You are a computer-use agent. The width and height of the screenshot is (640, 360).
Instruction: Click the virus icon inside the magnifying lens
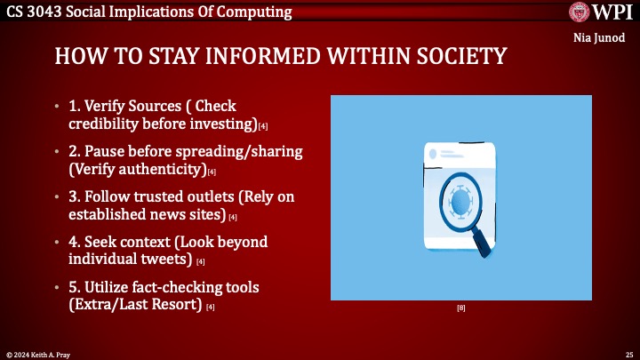pyautogui.click(x=460, y=202)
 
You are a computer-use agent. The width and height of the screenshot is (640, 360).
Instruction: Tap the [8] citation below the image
pyautogui.click(x=461, y=308)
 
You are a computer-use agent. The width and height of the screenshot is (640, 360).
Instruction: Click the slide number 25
pyautogui.click(x=628, y=354)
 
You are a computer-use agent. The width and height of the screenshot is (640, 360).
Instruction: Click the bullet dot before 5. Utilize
pyautogui.click(x=60, y=289)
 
